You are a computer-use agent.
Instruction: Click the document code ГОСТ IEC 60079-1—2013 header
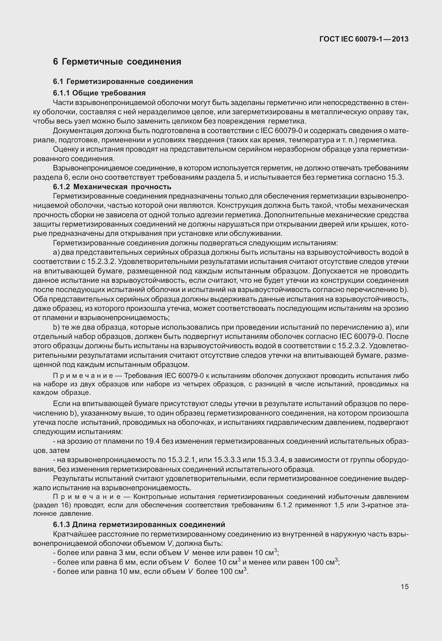pyautogui.click(x=364, y=39)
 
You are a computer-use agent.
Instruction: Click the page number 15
pyautogui.click(x=404, y=587)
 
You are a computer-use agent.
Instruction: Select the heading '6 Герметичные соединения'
pyautogui.click(x=117, y=61)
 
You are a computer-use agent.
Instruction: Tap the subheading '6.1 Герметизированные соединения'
pyautogui.click(x=123, y=81)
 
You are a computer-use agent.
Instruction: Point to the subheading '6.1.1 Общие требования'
pyautogui.click(x=99, y=93)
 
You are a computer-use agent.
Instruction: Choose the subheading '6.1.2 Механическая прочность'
pyautogui.click(x=112, y=186)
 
